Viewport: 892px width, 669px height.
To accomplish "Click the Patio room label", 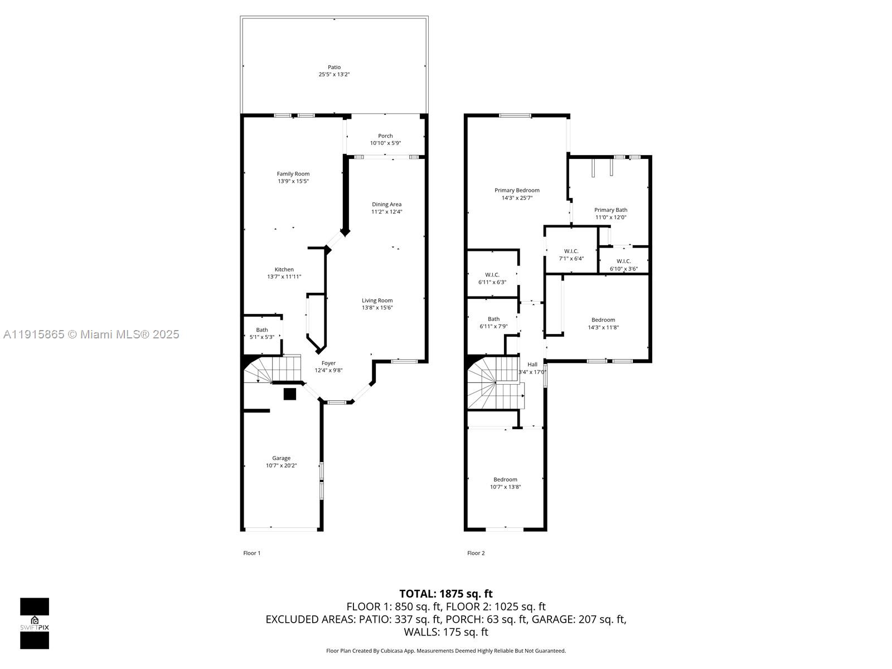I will tap(334, 67).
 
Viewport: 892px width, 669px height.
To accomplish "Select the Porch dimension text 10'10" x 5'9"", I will tap(385, 143).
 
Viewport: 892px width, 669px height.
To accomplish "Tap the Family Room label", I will tap(293, 174).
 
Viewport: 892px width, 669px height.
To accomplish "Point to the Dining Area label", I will tap(387, 205).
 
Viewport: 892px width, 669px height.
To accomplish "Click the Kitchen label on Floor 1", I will tap(284, 270).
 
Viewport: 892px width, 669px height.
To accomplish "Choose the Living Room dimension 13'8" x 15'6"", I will tap(377, 308).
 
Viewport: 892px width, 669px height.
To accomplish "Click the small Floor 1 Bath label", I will tap(262, 330).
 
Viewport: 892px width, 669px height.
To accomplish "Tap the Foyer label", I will tap(328, 363).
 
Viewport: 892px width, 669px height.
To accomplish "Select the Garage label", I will tap(281, 458).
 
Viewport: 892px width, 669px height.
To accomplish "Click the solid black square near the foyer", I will tap(289, 394).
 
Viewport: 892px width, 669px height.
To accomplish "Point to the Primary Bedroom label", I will tap(517, 191).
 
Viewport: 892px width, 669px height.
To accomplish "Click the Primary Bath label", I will tap(610, 210).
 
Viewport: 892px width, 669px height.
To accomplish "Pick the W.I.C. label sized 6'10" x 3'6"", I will tap(623, 261).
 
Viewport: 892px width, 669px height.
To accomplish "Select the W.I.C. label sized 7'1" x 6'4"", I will tap(571, 251).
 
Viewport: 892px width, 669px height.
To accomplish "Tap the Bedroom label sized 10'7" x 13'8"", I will tap(505, 479).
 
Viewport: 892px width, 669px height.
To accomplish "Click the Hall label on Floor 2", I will tap(532, 365).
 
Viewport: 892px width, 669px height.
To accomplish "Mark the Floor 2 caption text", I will tap(476, 553).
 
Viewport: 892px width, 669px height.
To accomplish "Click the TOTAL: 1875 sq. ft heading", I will tap(445, 594).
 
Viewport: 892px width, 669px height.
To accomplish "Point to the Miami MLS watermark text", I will tap(91, 334).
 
